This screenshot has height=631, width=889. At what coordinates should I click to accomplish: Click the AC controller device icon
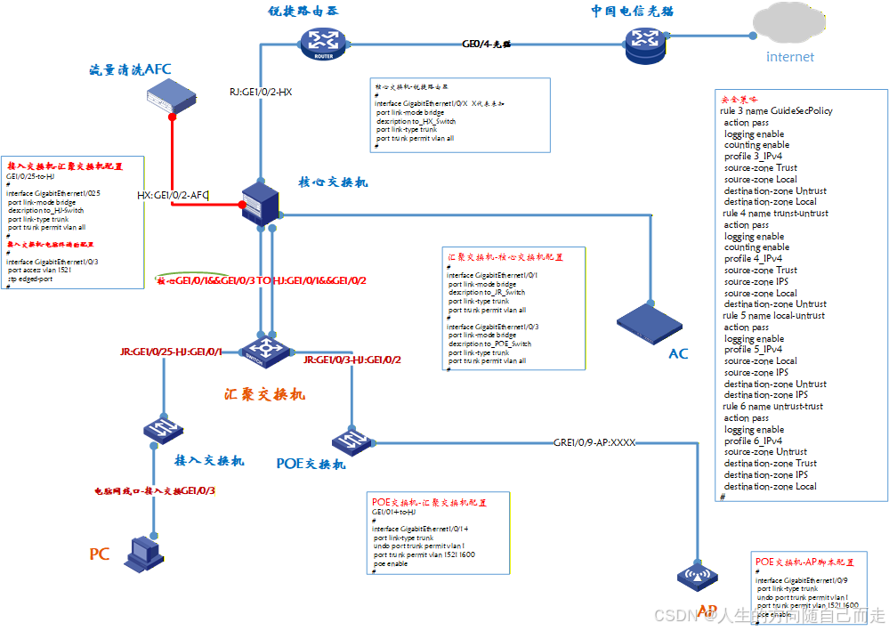652,323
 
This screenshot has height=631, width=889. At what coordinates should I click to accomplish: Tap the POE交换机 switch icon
348,440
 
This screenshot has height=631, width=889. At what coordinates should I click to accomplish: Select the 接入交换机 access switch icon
162,429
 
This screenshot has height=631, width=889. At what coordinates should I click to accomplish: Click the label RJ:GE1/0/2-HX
261,92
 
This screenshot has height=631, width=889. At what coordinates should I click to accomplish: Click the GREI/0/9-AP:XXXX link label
594,441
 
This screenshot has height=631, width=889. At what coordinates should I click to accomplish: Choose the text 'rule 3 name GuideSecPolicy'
776,111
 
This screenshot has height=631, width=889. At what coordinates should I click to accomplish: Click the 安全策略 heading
739,100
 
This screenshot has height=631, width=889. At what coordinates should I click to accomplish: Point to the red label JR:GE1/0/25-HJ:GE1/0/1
171,353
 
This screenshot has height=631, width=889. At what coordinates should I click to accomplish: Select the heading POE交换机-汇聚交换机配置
430,503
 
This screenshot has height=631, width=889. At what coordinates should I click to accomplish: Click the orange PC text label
99,554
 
